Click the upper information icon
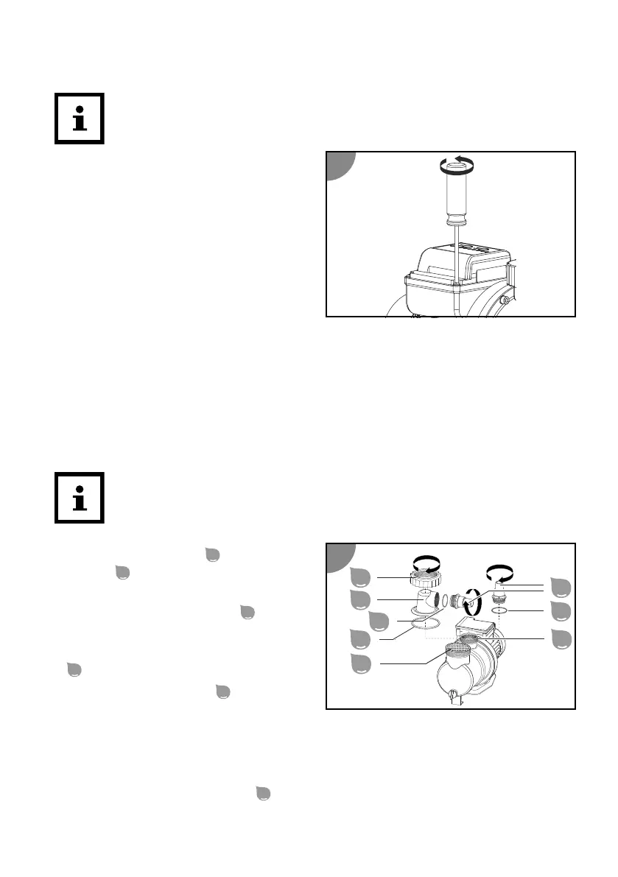(x=80, y=118)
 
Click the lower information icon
(x=80, y=498)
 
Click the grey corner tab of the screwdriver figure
(x=340, y=166)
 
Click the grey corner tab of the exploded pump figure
(x=340, y=556)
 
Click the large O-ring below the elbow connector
(x=426, y=624)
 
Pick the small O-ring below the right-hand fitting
(x=501, y=610)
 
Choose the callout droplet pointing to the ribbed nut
(x=361, y=577)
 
